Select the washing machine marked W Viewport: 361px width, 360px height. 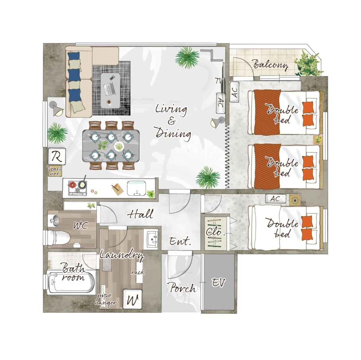(x=132, y=299)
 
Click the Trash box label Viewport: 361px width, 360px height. (x=55, y=171)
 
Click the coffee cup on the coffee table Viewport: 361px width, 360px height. (x=109, y=102)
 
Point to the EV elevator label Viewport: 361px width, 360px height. (x=219, y=282)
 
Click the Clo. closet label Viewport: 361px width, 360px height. (x=215, y=232)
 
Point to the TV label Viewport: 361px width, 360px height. (x=219, y=81)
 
